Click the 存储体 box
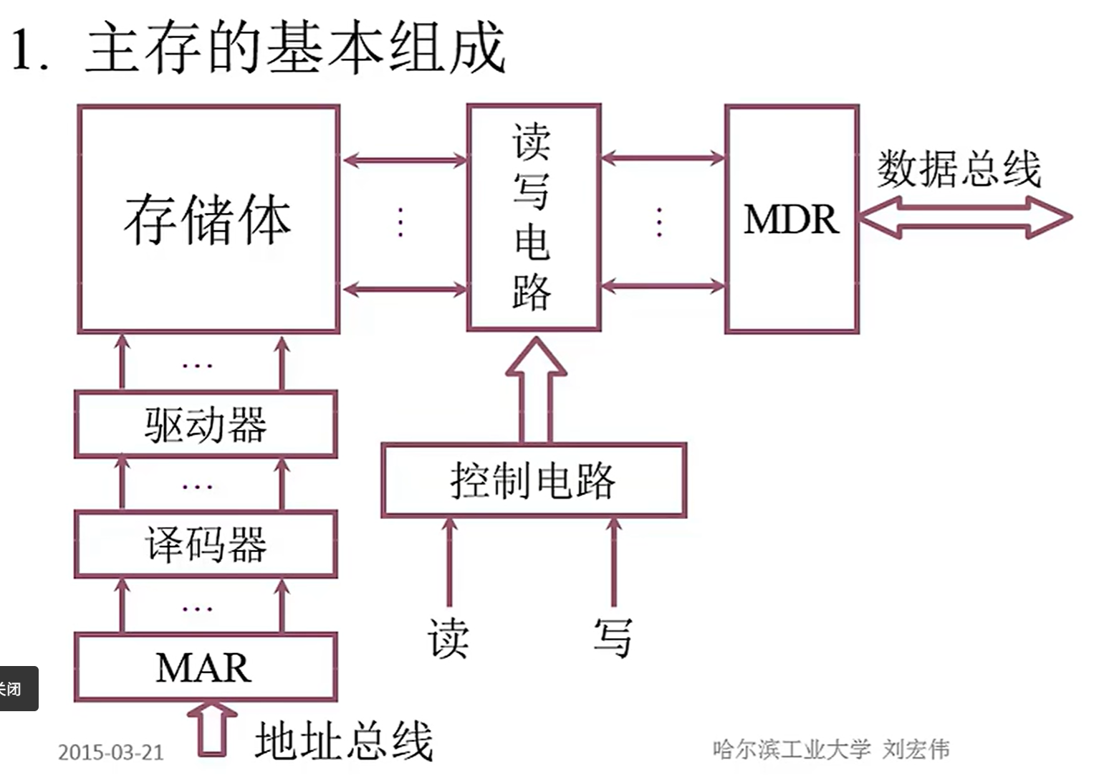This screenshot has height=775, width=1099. [208, 219]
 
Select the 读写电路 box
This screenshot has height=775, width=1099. [533, 218]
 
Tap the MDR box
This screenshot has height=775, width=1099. [792, 219]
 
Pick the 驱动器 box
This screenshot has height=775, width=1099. [206, 424]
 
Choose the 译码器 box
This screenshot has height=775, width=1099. [206, 544]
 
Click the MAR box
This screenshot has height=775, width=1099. [206, 667]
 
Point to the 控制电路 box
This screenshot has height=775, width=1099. [534, 480]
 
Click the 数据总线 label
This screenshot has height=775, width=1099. [959, 169]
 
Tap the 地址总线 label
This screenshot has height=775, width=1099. [344, 741]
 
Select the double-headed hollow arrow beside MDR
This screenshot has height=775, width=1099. [964, 217]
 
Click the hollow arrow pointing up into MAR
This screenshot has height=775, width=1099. [212, 727]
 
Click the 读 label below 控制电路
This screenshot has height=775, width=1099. [448, 637]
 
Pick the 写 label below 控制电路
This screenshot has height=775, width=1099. [613, 637]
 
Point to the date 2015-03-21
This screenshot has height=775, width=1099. [111, 752]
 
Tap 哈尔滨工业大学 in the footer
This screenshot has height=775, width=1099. [791, 749]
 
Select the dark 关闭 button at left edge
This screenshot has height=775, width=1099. [16, 689]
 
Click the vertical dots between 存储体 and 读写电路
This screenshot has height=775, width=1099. [400, 222]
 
